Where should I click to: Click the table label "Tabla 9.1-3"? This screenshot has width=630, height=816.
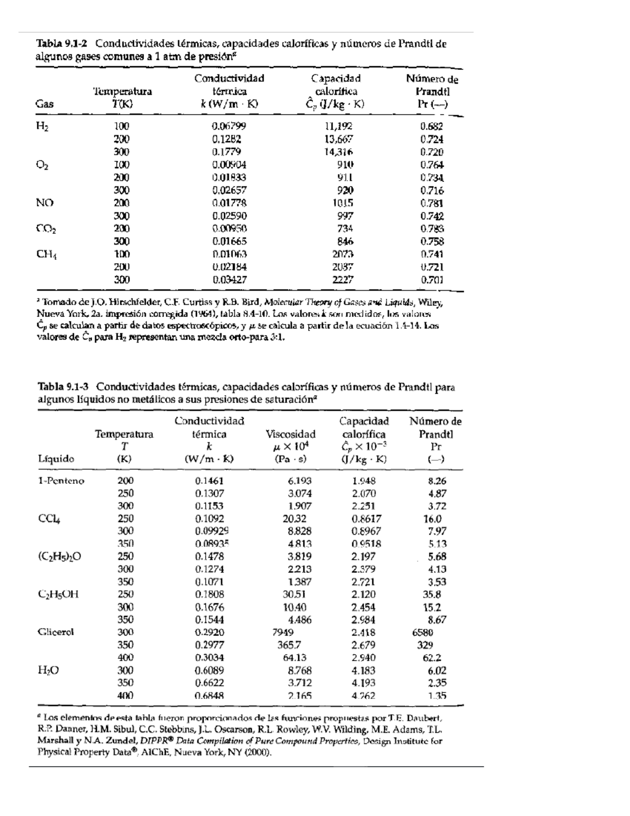coord(62,387)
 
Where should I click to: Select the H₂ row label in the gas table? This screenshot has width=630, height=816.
coord(43,127)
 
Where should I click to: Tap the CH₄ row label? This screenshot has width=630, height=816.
coord(46,254)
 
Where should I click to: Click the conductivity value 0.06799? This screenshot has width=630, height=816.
coord(229,127)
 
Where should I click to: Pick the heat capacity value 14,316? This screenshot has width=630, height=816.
coord(338,152)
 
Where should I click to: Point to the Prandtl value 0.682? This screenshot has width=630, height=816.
coord(432,127)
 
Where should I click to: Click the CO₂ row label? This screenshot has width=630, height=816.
coord(46,229)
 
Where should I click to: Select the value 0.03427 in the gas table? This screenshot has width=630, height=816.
coord(229,280)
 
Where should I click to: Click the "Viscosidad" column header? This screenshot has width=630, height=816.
coord(291,434)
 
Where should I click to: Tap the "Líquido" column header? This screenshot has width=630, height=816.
coord(56,459)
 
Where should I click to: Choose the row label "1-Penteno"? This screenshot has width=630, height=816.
coord(61,481)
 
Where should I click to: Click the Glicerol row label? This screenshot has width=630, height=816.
coord(56,632)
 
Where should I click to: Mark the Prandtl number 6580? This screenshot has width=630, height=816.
coord(423,633)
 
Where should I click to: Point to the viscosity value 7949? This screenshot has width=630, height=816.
coord(283,633)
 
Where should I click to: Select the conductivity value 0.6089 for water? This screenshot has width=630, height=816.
coord(209,670)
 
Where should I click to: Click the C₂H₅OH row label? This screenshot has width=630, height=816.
coord(58,595)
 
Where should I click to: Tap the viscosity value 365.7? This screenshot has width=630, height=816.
coord(289,645)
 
